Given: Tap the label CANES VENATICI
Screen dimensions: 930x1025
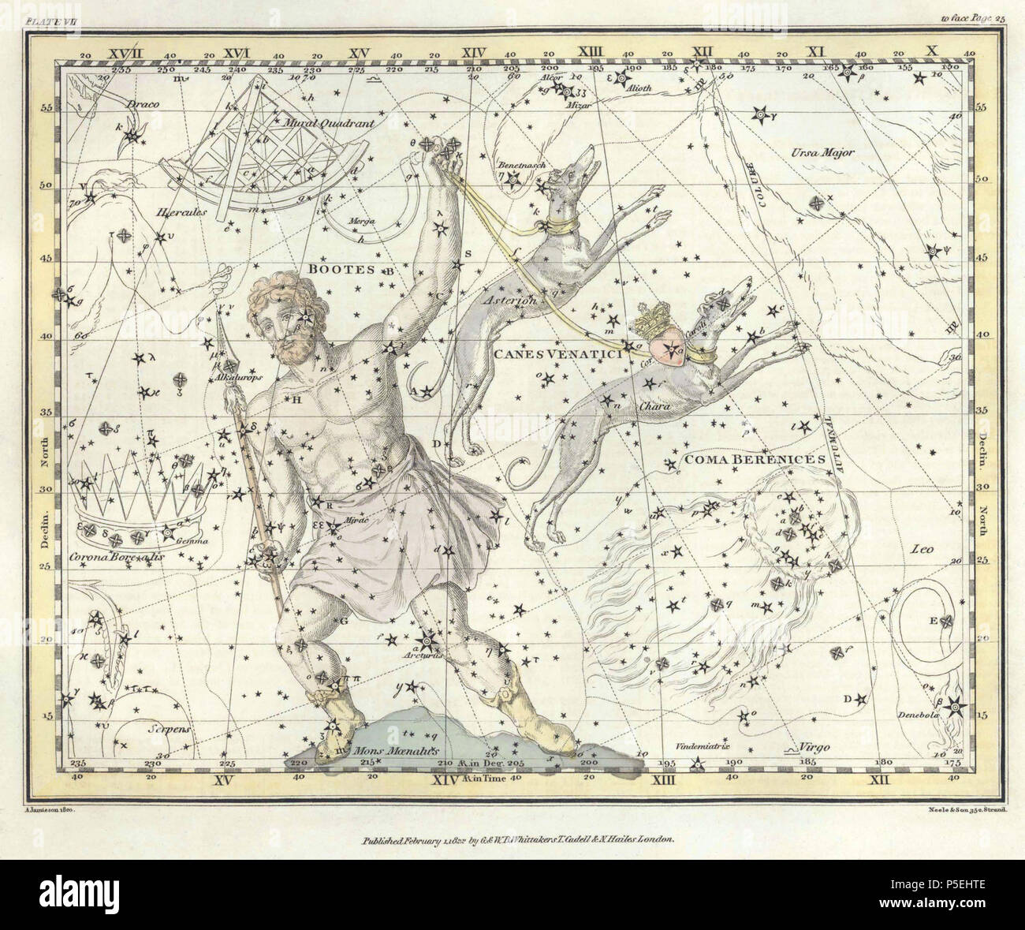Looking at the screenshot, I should (559, 355).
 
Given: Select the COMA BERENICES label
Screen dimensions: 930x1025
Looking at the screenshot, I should (744, 458).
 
